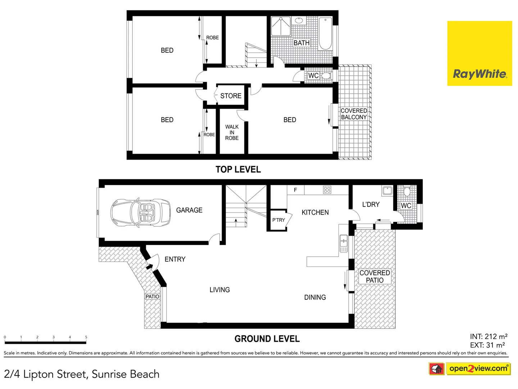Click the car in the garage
(x=140, y=213)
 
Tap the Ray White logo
(x=480, y=53)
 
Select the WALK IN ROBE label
(x=232, y=132)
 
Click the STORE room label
(x=231, y=96)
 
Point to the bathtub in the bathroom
(x=325, y=33)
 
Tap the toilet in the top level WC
(x=326, y=76)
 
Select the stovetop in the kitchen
(x=327, y=190)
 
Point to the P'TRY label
(x=278, y=220)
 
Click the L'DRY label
(x=371, y=205)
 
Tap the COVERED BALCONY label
(x=354, y=114)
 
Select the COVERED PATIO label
(x=374, y=276)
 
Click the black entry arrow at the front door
(x=149, y=267)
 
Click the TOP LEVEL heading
(x=238, y=169)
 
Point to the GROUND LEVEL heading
(x=267, y=339)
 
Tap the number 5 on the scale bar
(x=86, y=337)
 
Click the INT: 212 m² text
(x=489, y=336)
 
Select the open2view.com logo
(x=478, y=368)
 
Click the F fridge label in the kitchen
(x=295, y=190)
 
